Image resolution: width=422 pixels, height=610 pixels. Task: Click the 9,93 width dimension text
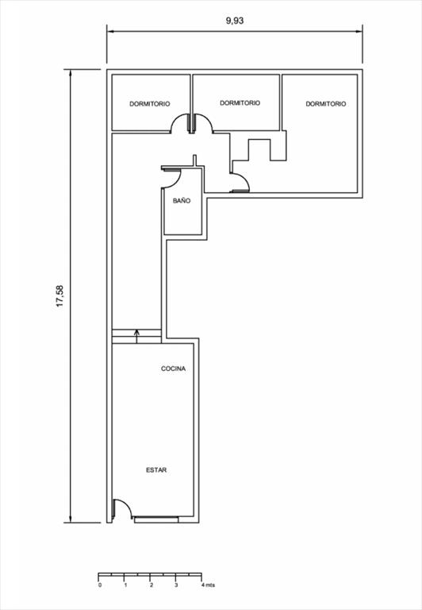coord(235,21)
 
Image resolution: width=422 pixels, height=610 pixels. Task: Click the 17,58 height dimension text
coord(59,296)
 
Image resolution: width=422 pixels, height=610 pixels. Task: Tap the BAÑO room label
coord(182,201)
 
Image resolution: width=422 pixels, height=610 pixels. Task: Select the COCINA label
coord(173,369)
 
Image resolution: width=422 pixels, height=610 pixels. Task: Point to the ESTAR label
coord(156,470)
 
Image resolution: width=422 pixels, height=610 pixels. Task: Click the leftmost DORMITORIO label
coord(150,104)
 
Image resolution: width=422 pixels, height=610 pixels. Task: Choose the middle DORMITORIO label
coord(240,102)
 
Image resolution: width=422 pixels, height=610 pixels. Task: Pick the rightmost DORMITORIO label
coord(326,104)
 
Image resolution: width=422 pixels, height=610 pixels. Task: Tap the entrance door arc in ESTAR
coord(127,504)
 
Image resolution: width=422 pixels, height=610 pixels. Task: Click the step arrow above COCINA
coord(136,337)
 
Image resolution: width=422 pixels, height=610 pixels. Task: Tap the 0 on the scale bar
coord(100,585)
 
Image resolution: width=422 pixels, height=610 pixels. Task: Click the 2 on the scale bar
coord(152,585)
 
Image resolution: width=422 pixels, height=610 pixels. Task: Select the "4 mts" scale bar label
coord(208,585)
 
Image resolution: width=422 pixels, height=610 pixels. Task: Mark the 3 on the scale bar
coord(176,585)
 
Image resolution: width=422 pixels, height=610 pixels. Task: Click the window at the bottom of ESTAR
coord(156,519)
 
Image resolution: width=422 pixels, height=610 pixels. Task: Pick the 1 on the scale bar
coord(125,585)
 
